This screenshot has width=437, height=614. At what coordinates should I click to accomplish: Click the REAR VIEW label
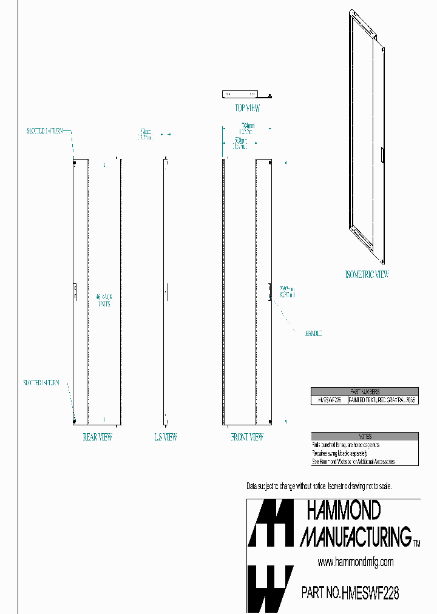coord(98,437)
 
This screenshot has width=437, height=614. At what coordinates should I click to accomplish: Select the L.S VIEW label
coord(166,437)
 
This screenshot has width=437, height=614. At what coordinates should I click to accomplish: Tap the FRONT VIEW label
coord(246,437)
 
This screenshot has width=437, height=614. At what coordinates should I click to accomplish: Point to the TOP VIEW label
coord(247,109)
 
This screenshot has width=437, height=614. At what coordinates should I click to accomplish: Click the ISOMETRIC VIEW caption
coord(367,274)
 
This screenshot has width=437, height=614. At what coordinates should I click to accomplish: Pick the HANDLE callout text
coord(313,333)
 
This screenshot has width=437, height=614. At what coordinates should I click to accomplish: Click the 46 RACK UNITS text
coord(104,300)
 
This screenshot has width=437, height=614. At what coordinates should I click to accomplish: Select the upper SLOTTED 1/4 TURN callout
coord(45,130)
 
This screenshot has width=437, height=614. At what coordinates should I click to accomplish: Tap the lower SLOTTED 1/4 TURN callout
coord(42,383)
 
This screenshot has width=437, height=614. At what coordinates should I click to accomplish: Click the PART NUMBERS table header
coord(364,392)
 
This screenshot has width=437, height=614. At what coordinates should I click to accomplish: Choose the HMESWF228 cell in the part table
coord(329,400)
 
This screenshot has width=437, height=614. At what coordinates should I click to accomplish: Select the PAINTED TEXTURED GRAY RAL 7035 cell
coord(382,400)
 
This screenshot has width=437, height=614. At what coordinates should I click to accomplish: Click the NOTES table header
coord(364,436)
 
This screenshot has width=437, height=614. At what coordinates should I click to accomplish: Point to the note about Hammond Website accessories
coord(353,462)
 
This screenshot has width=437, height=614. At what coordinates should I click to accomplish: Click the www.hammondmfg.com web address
coord(355,562)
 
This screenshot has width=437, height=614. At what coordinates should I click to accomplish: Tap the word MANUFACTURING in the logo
coord(356,536)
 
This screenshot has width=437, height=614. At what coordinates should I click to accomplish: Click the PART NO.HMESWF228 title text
coord(350,593)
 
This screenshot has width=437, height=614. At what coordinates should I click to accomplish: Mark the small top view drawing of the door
coord(241,94)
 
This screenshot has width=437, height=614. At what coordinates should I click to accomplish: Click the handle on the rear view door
coord(75,291)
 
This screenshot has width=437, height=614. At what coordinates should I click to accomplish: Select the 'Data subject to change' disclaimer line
coord(319,487)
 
